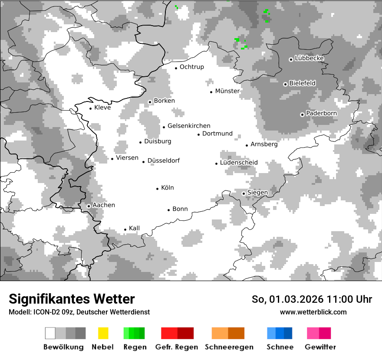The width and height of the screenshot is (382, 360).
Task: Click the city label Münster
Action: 227,91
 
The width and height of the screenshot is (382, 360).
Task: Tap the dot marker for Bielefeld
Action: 285,84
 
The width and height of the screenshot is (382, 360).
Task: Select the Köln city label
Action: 167,188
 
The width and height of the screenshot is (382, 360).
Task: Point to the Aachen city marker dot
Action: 89,206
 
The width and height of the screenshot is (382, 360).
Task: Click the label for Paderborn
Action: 321,113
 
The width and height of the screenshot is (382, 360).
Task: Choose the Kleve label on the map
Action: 102,108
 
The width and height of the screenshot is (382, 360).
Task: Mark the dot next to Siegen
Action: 244,193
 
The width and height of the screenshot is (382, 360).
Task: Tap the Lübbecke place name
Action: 309,58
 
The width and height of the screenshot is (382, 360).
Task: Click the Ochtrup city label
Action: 191,67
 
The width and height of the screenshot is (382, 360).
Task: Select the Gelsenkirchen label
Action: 189,126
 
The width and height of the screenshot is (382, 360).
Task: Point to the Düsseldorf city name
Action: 163,161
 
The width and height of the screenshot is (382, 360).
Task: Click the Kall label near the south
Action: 134,228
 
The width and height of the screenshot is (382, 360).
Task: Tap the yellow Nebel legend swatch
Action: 103,333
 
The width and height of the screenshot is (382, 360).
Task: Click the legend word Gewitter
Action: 320,347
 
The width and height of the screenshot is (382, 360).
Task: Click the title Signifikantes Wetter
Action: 72,299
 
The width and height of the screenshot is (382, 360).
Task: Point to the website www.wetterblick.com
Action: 313,312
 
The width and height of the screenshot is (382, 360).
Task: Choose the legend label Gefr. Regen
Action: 176,347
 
